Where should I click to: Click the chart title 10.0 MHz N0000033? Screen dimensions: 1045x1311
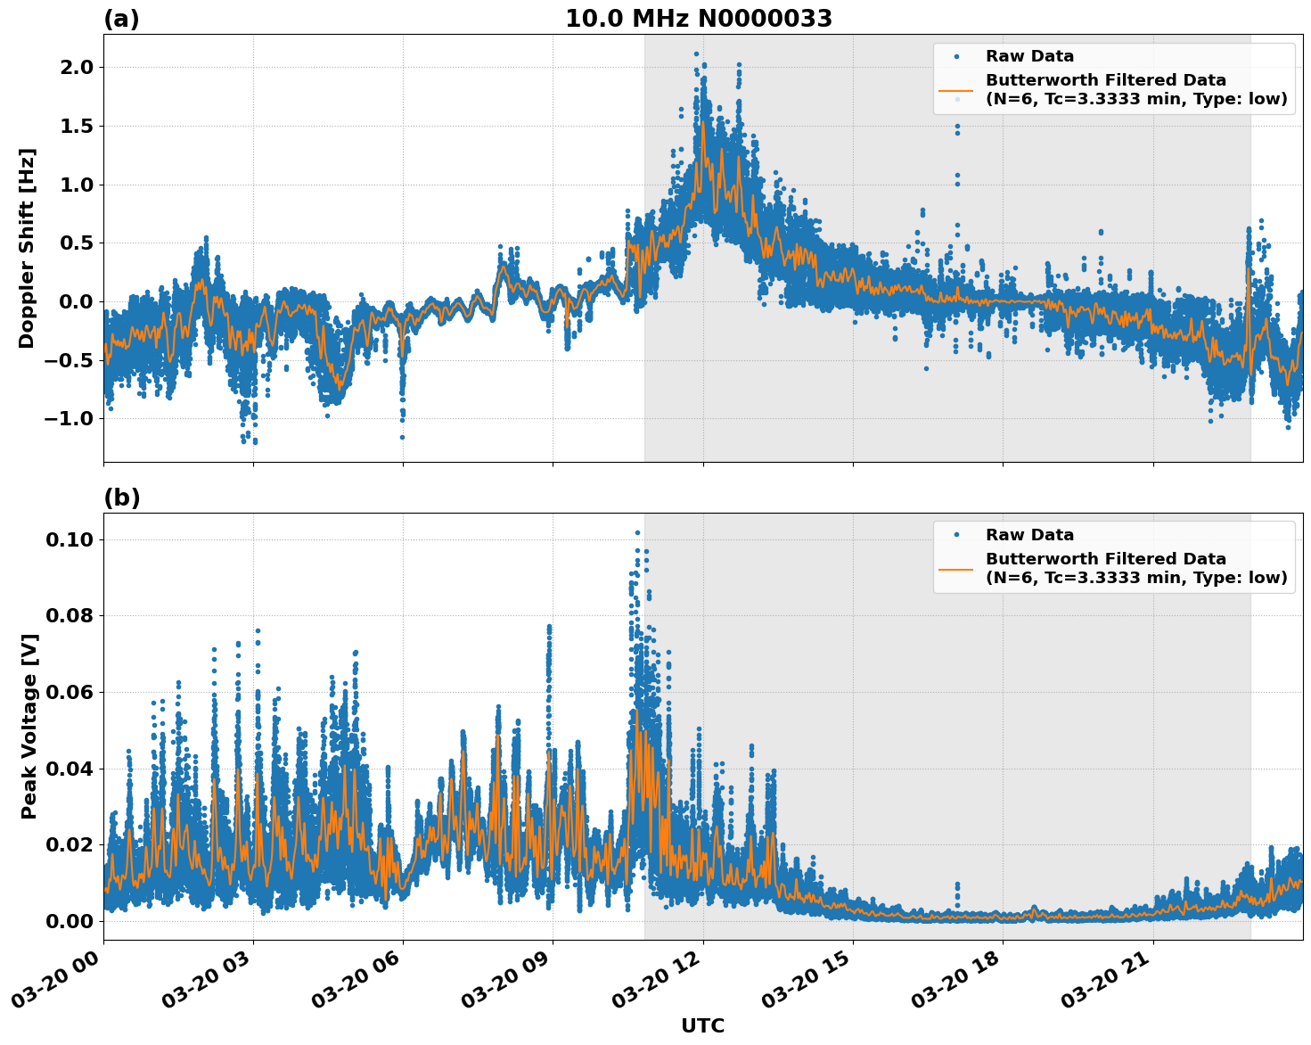(x=698, y=19)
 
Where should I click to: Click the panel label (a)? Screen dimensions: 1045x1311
(x=121, y=19)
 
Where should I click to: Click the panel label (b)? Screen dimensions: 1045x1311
(x=121, y=498)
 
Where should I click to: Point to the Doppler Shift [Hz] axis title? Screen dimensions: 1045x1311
(x=27, y=248)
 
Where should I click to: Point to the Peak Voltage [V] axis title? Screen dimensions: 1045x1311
(x=29, y=726)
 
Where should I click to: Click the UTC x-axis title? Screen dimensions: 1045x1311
(x=702, y=1025)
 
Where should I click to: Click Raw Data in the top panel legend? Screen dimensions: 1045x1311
(x=1029, y=56)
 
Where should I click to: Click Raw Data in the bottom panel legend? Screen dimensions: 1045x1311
(x=1029, y=535)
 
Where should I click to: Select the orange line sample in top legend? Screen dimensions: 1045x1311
(x=956, y=90)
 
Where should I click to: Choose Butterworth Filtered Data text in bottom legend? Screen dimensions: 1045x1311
(x=1105, y=559)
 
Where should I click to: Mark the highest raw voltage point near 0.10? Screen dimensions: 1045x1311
(x=637, y=532)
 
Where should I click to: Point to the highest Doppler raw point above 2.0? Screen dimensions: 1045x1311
(x=697, y=53)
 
